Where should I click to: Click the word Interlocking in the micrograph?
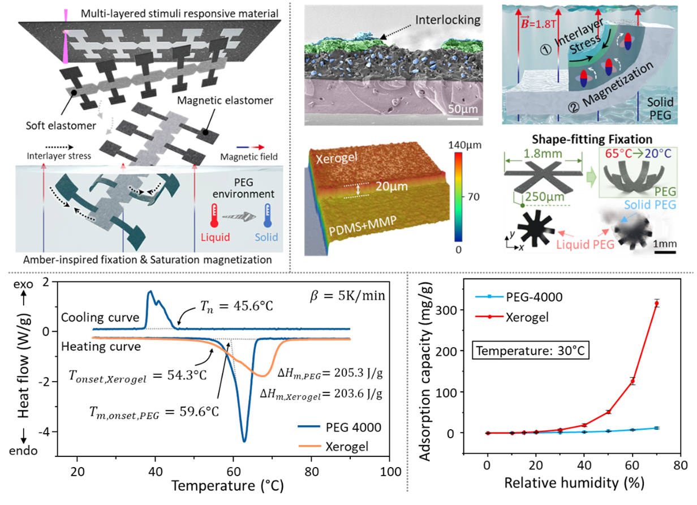point(448,20)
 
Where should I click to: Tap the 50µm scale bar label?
point(462,108)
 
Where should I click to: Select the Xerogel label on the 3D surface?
point(337,157)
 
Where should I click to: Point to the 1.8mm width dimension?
point(544,153)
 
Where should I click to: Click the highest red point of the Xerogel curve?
point(657,303)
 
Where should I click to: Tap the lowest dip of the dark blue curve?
point(244,440)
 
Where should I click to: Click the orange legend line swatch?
point(310,446)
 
